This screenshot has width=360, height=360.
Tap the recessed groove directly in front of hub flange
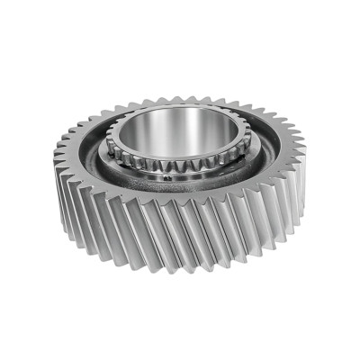[x=180, y=194]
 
